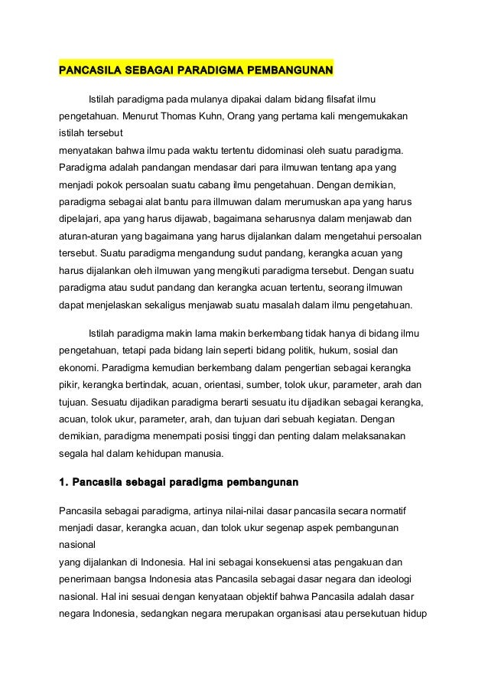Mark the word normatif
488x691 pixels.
(384, 509)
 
